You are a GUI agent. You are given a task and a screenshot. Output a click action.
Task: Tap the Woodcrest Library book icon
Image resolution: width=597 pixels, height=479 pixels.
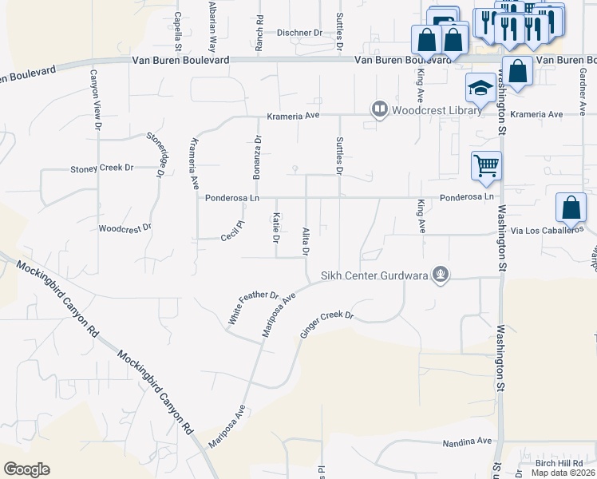379,109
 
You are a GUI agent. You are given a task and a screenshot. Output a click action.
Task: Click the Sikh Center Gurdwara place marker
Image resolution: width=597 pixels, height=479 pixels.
439,276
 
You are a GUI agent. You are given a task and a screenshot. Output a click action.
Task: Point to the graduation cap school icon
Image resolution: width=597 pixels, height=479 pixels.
480,88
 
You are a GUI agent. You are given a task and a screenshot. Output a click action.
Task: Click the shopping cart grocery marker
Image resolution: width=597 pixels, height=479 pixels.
486,166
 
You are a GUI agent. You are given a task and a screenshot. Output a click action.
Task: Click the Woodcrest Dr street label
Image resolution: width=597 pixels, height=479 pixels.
125,228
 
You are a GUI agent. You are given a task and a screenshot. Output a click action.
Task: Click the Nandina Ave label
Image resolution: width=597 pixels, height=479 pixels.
468,441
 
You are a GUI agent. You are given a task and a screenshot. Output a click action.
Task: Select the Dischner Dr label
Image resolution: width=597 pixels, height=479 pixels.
299,33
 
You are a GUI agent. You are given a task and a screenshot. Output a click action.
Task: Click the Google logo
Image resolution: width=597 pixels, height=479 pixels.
26,469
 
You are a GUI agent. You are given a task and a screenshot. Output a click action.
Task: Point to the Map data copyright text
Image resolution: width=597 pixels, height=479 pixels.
563,473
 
